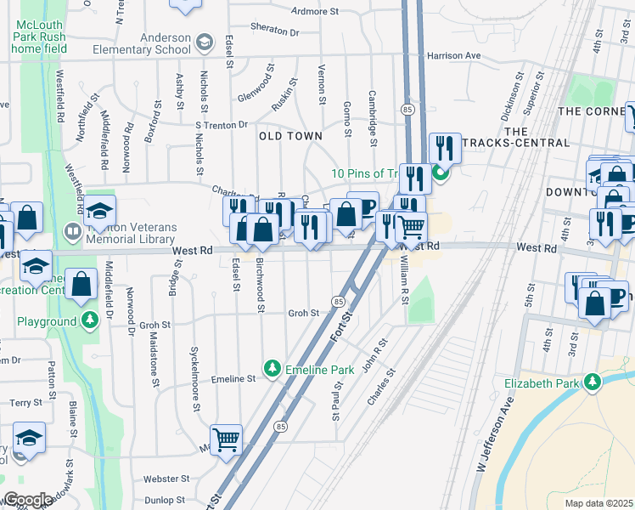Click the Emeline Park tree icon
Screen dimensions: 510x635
(x=272, y=368)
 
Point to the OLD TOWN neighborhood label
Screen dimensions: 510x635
(x=290, y=136)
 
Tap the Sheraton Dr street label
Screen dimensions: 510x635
(x=283, y=32)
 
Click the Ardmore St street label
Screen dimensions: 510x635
(x=315, y=12)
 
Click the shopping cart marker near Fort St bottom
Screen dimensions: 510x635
(x=227, y=439)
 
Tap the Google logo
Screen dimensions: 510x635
(x=28, y=500)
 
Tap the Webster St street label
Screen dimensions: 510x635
(x=164, y=479)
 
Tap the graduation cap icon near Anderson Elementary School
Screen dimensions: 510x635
(x=204, y=42)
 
